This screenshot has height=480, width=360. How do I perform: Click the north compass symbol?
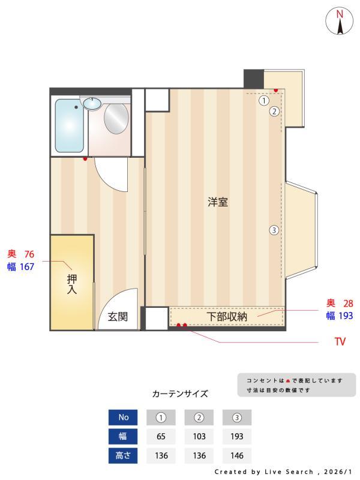pos(340,22)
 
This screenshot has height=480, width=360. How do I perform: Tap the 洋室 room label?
pos(218,202)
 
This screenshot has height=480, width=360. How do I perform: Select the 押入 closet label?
pos(72,284)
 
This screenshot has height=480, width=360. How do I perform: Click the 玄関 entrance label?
pos(118,317)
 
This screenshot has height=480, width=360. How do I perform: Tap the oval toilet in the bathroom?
pos(116,118)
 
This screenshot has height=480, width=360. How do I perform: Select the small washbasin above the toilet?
pos(92,103)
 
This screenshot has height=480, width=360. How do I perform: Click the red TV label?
pos(340,342)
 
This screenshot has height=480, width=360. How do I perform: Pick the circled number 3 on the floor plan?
pos(274,230)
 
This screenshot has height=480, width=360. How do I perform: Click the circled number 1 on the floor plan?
pos(263,101)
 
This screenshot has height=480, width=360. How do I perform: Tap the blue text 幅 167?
pos(21,267)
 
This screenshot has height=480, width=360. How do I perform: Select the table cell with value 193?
pos(237,436)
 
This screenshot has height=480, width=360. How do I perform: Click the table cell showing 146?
pos(237,455)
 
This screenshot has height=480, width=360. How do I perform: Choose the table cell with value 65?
pos(161,436)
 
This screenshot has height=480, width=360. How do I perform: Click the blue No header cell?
pos(124,418)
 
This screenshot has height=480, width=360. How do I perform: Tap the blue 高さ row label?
pos(124,455)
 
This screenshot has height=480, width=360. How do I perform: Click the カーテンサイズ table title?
pos(180,394)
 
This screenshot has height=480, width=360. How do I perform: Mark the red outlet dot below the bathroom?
pos(86,159)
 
